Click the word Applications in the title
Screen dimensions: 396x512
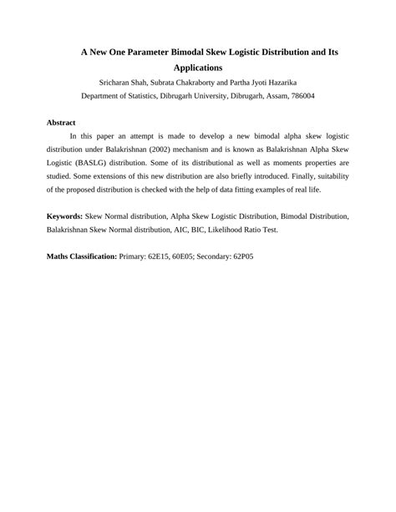tap(197, 67)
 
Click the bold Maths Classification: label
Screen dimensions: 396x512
tap(82, 256)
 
